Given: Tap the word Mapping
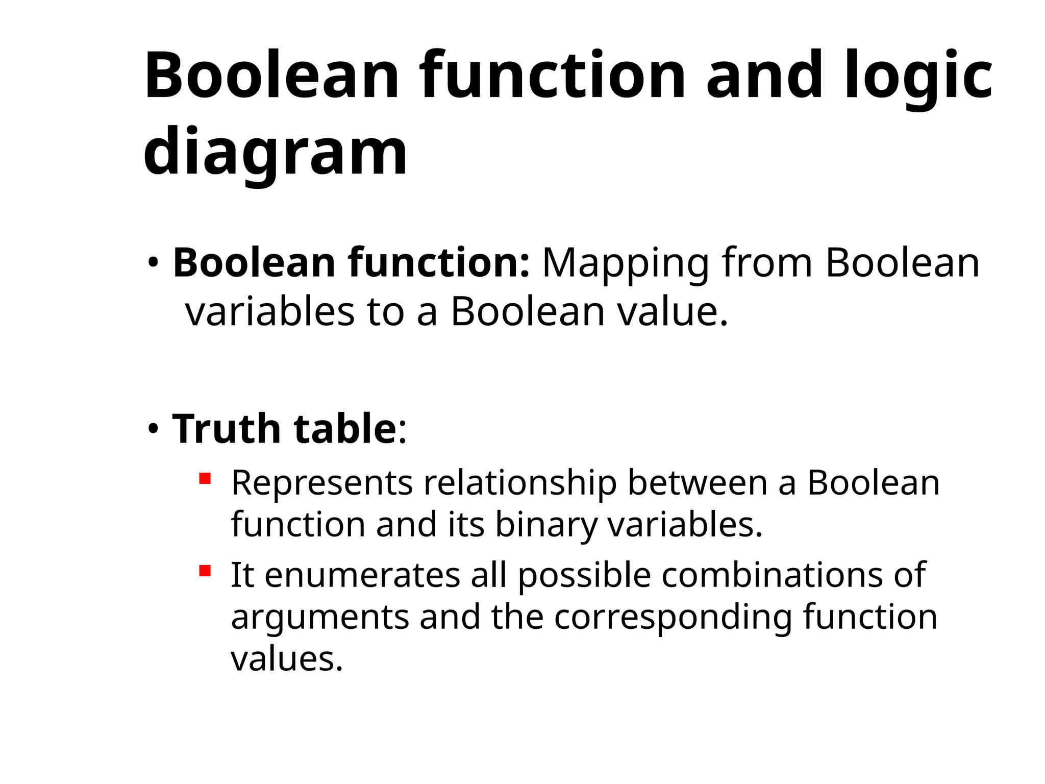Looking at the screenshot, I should point(625,263).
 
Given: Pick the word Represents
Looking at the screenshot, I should point(322,483).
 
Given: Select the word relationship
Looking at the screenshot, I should point(520,483).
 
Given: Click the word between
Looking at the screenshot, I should point(697,483).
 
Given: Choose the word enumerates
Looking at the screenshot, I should point(362,576).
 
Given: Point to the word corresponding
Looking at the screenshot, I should point(673,617).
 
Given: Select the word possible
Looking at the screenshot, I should point(584,576).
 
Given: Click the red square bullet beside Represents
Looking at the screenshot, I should point(205,479).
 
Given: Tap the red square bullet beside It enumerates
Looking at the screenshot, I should point(205,571).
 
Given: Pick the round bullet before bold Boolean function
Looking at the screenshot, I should point(153,263).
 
